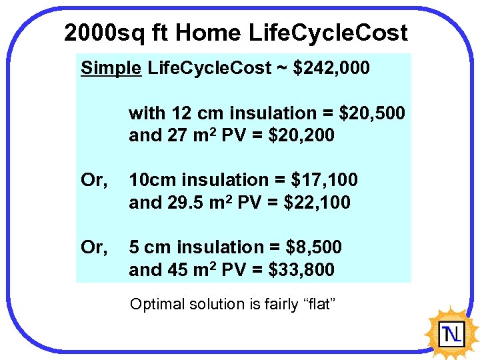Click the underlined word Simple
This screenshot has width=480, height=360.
pyautogui.click(x=111, y=68)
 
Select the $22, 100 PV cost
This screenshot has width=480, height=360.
pyautogui.click(x=317, y=202)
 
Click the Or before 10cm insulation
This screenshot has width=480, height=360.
pyautogui.click(x=94, y=180)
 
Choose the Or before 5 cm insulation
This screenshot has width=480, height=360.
pyautogui.click(x=94, y=247)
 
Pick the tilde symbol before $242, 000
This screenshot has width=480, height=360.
pyautogui.click(x=279, y=68)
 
